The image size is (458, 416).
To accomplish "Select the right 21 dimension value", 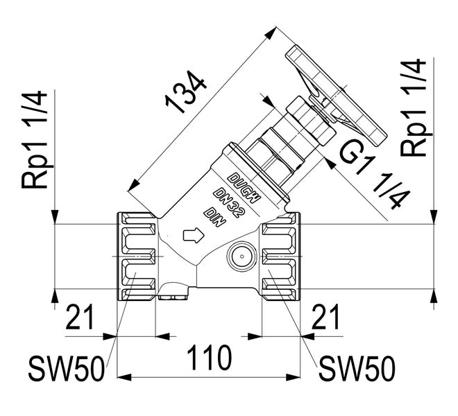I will click(x=325, y=318).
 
